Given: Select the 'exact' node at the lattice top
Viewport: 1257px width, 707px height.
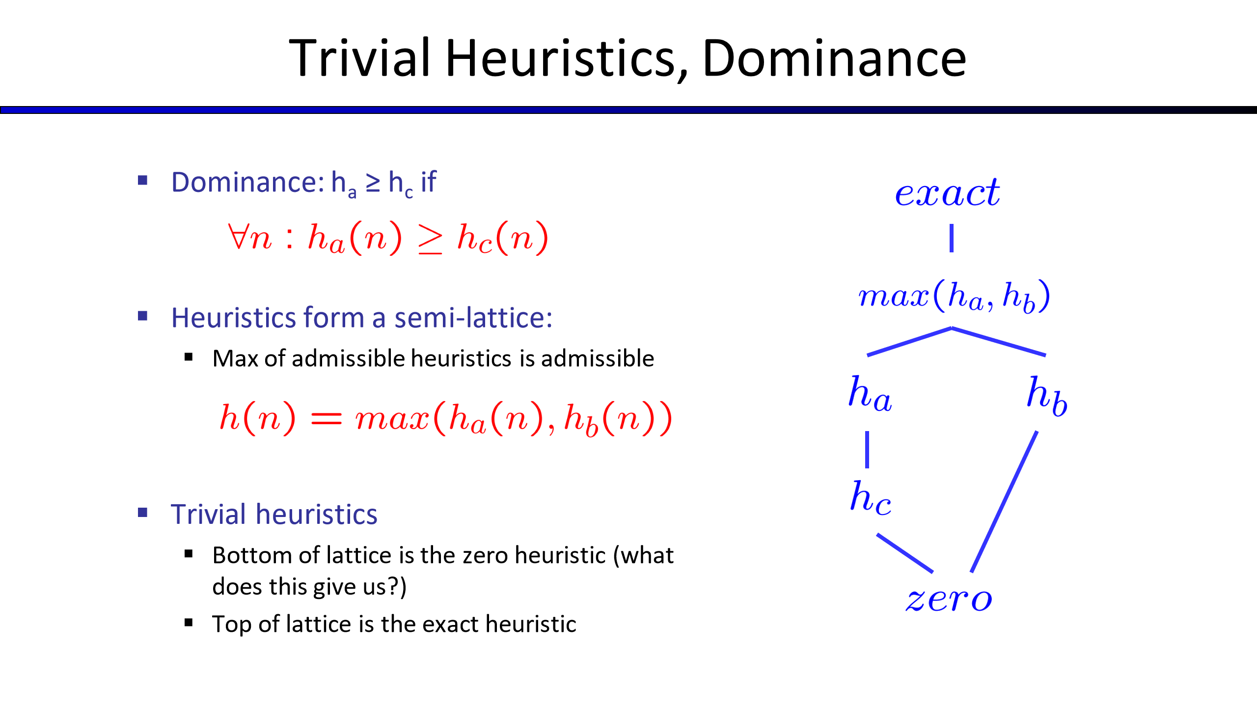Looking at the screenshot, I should coord(948,192).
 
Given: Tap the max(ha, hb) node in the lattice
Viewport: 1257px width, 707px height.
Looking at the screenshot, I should coord(954,296).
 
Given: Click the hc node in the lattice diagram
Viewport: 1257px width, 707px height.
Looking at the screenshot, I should coord(870,498).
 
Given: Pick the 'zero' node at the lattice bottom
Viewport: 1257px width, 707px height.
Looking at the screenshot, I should coord(949,599).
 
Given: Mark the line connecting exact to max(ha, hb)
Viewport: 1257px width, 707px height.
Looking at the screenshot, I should coord(952,238).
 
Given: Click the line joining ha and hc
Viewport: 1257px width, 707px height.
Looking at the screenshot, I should coord(867,449).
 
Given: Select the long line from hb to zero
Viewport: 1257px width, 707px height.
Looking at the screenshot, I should coord(1004,502).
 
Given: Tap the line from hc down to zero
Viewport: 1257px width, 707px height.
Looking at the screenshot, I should coord(905,553).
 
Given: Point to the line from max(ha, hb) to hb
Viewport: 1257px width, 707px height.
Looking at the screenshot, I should coord(999,341).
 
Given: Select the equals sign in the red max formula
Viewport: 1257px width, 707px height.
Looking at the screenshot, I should coord(326,418).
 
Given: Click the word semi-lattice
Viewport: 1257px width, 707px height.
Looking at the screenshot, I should coord(473,318).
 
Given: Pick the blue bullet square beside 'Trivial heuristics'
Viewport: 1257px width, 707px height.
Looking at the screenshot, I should coord(143,513).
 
